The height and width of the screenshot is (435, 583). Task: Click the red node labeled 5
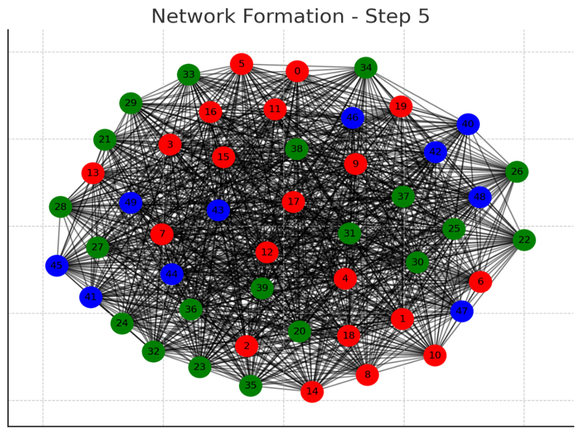click(241, 64)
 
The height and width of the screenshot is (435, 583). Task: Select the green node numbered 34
click(366, 68)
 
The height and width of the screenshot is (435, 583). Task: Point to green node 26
click(517, 172)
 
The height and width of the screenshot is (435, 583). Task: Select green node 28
click(60, 207)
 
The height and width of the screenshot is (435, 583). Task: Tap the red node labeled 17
click(293, 202)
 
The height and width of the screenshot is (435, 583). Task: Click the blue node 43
click(218, 210)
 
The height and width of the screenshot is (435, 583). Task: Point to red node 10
click(435, 355)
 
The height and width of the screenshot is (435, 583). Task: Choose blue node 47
click(462, 311)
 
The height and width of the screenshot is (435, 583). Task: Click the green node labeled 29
click(131, 103)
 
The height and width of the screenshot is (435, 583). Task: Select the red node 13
click(93, 173)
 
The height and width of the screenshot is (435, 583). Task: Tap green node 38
click(297, 149)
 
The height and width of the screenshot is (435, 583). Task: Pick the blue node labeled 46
click(352, 118)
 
